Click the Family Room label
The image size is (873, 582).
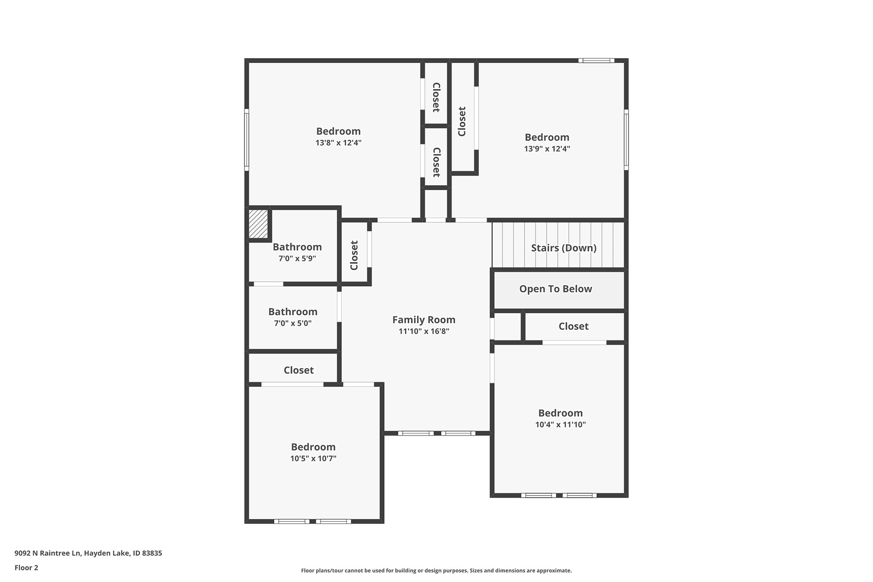click(x=424, y=320)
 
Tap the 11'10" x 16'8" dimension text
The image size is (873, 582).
click(x=424, y=331)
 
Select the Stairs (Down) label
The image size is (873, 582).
click(x=564, y=248)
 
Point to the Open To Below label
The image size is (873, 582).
click(x=556, y=289)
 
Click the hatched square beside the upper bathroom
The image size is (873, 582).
click(x=258, y=224)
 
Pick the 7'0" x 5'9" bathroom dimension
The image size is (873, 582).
click(x=297, y=259)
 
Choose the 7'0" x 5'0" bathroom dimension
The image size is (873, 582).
click(x=293, y=323)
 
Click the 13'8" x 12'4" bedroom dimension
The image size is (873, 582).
click(x=339, y=143)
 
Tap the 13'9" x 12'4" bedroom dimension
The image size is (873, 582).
click(x=547, y=148)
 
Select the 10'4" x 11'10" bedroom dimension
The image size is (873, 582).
click(x=561, y=424)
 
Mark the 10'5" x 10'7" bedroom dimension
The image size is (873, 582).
click(x=313, y=458)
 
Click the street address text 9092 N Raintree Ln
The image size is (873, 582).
click(x=48, y=553)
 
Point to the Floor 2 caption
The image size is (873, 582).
click(x=26, y=567)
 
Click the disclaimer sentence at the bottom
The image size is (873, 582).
click(x=436, y=570)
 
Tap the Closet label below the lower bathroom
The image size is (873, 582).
click(x=299, y=370)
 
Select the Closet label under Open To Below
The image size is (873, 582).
click(x=574, y=326)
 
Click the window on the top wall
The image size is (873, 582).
click(x=596, y=61)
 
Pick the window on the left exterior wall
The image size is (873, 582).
click(x=246, y=140)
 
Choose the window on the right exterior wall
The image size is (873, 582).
click(x=626, y=140)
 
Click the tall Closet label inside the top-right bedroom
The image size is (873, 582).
click(x=462, y=121)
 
